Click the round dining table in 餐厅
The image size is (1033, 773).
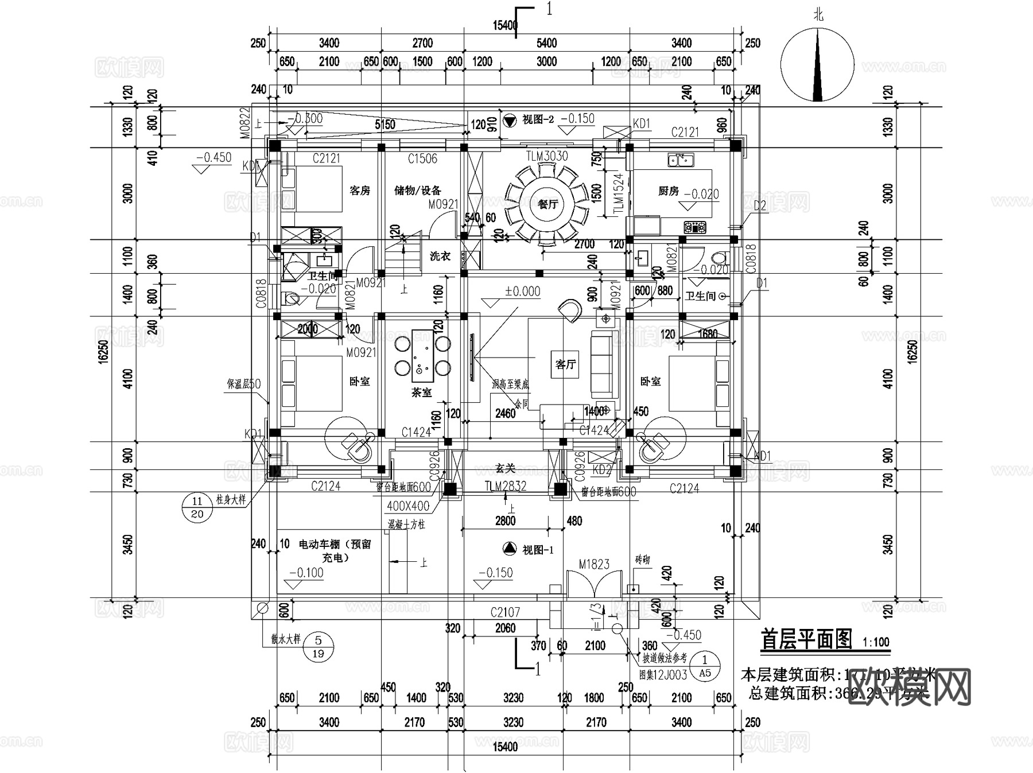click(547, 204)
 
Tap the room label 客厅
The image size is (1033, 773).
click(565, 364)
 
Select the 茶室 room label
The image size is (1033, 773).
click(421, 393)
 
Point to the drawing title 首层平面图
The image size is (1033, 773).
click(806, 639)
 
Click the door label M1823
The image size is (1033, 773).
click(594, 564)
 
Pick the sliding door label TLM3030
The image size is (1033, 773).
click(547, 156)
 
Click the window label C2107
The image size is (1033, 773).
click(505, 612)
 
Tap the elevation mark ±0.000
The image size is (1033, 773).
click(522, 292)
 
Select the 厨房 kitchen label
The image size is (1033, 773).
click(669, 191)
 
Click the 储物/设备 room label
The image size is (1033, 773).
click(418, 191)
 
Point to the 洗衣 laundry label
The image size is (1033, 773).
click(440, 256)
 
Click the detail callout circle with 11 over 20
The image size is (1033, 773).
click(197, 507)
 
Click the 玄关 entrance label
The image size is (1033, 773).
click(504, 469)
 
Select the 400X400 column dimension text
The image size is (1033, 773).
click(408, 506)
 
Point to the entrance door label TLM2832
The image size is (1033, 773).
click(505, 487)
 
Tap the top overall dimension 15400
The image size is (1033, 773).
click(505, 25)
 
